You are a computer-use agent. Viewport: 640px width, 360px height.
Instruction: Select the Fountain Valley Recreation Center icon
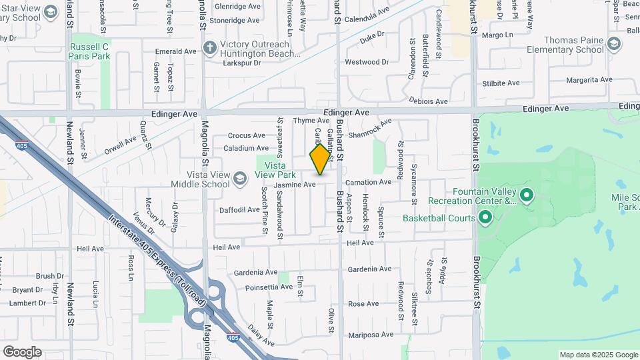pyautogui.click(x=527, y=195)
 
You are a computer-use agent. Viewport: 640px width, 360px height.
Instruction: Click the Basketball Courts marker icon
pyautogui.click(x=485, y=217)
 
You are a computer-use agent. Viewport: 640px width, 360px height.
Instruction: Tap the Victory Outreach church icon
pyautogui.click(x=210, y=47)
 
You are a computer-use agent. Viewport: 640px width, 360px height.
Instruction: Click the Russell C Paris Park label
pyautogui.click(x=89, y=51)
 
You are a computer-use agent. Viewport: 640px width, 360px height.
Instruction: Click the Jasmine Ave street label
pyautogui.click(x=295, y=184)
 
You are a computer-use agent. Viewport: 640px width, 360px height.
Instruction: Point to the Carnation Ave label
pyautogui.click(x=367, y=182)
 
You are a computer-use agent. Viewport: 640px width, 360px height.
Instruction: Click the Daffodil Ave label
pyautogui.click(x=239, y=209)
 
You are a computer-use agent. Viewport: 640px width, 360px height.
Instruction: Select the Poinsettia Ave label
pyautogui.click(x=269, y=287)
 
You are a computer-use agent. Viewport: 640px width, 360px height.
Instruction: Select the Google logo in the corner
pyautogui.click(x=22, y=352)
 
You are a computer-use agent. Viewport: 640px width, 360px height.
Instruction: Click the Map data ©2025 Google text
pyautogui.click(x=598, y=355)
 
